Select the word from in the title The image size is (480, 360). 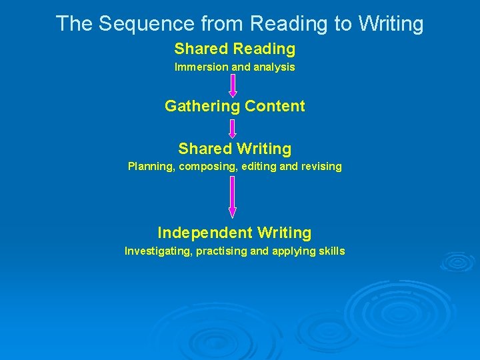pyautogui.click(x=219, y=24)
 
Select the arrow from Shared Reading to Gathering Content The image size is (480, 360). pyautogui.click(x=233, y=85)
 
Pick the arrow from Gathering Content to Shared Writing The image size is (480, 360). pyautogui.click(x=233, y=128)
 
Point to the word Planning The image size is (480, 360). pyautogui.click(x=151, y=167)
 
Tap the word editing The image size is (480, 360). pyautogui.click(x=256, y=167)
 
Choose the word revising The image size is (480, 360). pyautogui.click(x=321, y=167)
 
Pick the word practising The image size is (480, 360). pyautogui.click(x=221, y=251)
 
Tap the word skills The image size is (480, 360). pyautogui.click(x=331, y=251)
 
